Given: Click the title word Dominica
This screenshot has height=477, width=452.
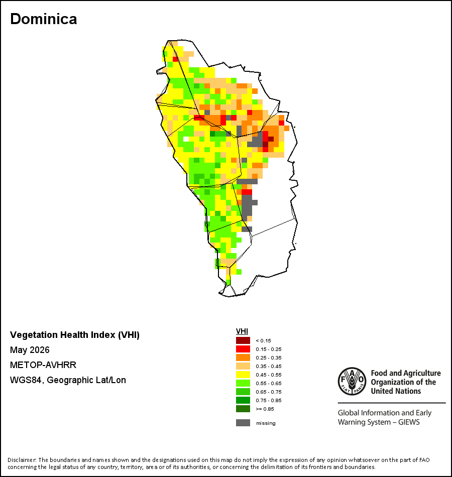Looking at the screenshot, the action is (x=44, y=19).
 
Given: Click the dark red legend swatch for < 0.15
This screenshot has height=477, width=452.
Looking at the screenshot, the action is (x=243, y=340).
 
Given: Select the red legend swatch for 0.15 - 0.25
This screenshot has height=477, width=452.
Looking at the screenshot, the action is (x=243, y=349).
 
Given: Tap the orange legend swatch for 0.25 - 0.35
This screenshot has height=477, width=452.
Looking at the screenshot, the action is (x=243, y=357).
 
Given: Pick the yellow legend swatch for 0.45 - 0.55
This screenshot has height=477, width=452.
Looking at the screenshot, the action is (x=243, y=375).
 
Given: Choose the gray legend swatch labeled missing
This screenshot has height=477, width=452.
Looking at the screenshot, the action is (x=243, y=423).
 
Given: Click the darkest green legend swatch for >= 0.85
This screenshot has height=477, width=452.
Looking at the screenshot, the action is (x=243, y=409).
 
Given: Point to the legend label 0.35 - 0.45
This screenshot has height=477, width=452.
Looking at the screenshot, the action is (x=269, y=366).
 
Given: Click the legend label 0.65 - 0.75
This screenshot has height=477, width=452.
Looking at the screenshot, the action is (x=269, y=392).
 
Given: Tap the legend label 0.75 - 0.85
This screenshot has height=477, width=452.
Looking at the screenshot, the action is (x=269, y=400).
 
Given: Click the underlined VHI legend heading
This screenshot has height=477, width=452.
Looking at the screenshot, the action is (x=242, y=331).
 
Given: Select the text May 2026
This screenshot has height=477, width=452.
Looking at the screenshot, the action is (x=30, y=350).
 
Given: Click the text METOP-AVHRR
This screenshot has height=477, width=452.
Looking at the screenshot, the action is (x=43, y=365).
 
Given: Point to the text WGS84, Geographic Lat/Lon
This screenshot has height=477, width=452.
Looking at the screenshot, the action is (x=68, y=380).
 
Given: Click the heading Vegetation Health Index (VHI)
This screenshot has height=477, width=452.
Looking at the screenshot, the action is (x=75, y=334).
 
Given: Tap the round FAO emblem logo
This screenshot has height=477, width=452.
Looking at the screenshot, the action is (x=352, y=381).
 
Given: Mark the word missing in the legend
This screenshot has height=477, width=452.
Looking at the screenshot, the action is (x=266, y=423).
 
